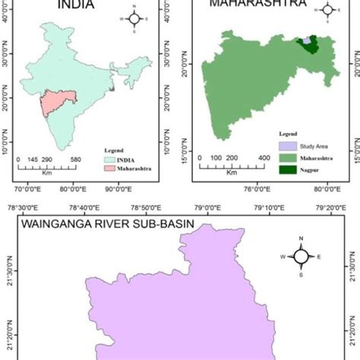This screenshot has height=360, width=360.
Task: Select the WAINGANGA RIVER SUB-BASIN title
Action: point(106,225)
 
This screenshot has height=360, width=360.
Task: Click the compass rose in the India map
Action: point(134,19)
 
